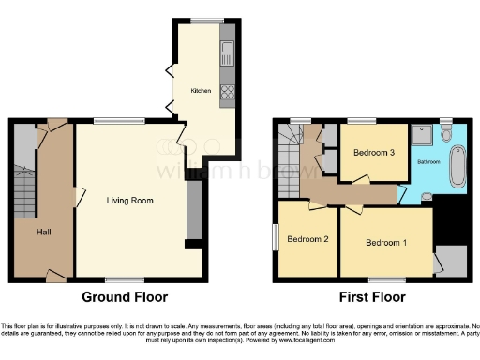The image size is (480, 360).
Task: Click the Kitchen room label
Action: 201,91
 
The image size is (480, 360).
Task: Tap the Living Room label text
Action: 129,201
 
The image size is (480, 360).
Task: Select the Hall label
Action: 44,232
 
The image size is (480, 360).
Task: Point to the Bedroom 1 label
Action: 386,243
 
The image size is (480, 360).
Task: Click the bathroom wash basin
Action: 427,196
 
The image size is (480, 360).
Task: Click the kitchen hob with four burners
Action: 227,92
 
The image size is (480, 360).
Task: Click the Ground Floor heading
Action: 125,297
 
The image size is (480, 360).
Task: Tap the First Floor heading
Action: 371,297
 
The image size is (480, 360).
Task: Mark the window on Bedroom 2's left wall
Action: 275,236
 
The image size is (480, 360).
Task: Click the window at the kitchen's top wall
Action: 203,22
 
